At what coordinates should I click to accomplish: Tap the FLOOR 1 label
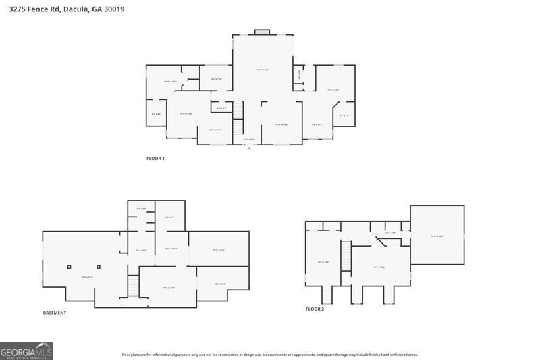pos(155,159)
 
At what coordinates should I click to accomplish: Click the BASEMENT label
pos(55,313)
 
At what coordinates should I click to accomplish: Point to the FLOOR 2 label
pos(315,309)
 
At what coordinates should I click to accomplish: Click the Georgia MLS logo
pos(26,351)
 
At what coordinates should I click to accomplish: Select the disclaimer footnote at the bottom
pos(270,354)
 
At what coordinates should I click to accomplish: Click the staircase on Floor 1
pos(238,120)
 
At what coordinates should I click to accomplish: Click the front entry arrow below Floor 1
pos(249,148)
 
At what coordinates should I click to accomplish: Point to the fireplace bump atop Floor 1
pos(263,32)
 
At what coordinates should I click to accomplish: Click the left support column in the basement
pos(69,267)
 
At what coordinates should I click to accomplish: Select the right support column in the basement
pos(99,267)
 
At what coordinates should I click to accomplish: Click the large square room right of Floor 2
pos(437,236)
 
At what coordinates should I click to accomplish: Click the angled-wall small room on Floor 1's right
pos(344,116)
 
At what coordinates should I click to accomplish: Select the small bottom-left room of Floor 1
pos(157,113)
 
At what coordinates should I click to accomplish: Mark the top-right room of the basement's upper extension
pos(170,216)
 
